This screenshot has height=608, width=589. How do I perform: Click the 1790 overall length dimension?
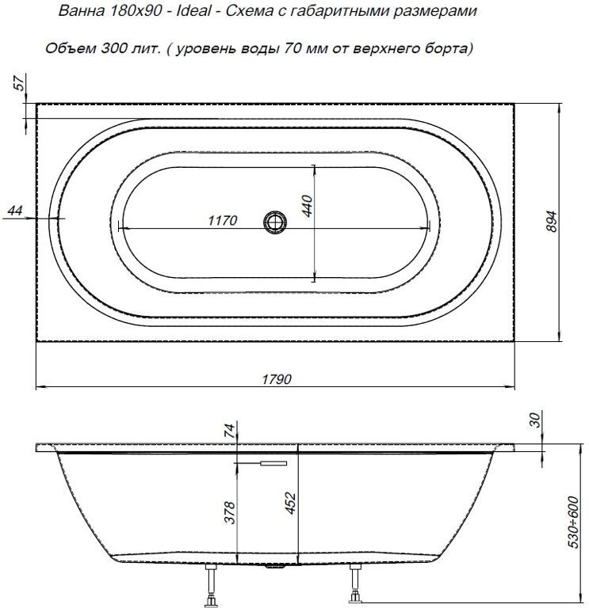pos(276,379)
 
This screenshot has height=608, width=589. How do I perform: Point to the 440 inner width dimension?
pos(309,208)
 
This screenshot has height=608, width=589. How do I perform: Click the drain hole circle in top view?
pos(275,222)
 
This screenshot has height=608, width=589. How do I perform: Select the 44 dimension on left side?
pos(14,211)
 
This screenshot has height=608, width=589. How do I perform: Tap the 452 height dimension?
pos(290,502)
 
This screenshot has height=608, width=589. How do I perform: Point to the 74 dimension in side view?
pos(229,431)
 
